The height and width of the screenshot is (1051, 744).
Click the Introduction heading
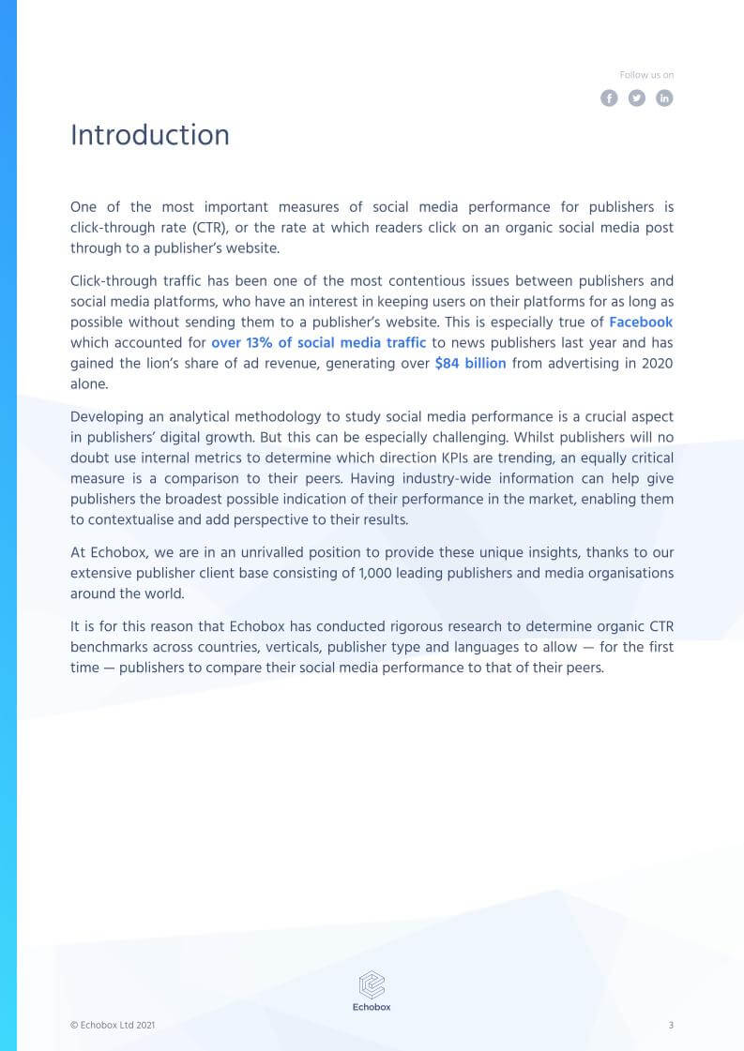pos(150,135)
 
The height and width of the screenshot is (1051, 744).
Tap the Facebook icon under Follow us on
pos(609,98)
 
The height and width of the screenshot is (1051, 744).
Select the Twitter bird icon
pos(637,98)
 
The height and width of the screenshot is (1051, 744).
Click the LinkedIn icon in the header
pos(664,98)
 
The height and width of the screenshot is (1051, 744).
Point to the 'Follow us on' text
pos(646,75)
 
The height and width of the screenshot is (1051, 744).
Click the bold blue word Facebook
pos(641,323)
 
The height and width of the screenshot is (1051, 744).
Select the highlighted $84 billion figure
pos(470,364)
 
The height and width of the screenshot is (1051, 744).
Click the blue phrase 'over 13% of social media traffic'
pos(318,343)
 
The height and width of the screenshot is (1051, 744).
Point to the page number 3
pos(671,1025)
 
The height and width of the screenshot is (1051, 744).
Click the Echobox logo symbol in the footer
pos(372,983)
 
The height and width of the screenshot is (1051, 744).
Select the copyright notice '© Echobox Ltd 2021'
pos(113,1026)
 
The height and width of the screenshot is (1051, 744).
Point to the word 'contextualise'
pos(127,519)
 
